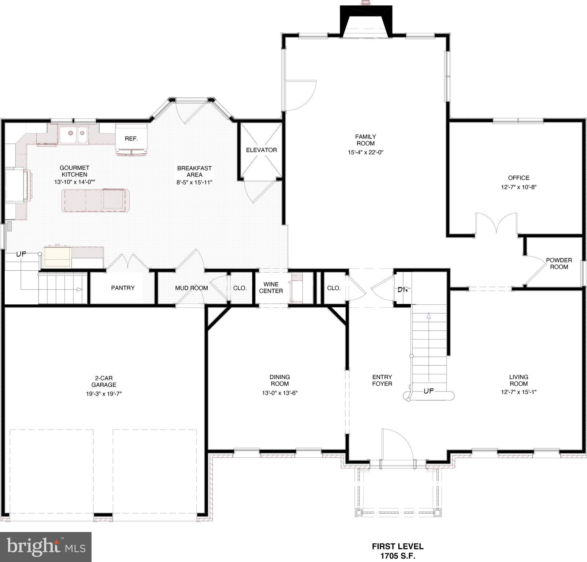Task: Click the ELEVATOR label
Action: (261, 150)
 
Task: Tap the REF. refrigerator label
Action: (131, 139)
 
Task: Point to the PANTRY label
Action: (123, 288)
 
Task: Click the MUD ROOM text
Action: (191, 288)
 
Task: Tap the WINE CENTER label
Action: (271, 288)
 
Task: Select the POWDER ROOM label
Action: (559, 264)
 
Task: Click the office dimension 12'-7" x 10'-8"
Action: (519, 187)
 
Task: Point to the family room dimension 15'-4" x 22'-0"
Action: (365, 153)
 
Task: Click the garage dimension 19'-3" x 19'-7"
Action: (104, 394)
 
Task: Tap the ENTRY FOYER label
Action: (382, 381)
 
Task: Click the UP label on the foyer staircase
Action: (428, 391)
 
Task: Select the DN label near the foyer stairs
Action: (403, 289)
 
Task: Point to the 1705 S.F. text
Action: (398, 556)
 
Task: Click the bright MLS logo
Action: (46, 547)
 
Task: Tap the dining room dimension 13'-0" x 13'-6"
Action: (279, 393)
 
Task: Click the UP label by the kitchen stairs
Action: (21, 254)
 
